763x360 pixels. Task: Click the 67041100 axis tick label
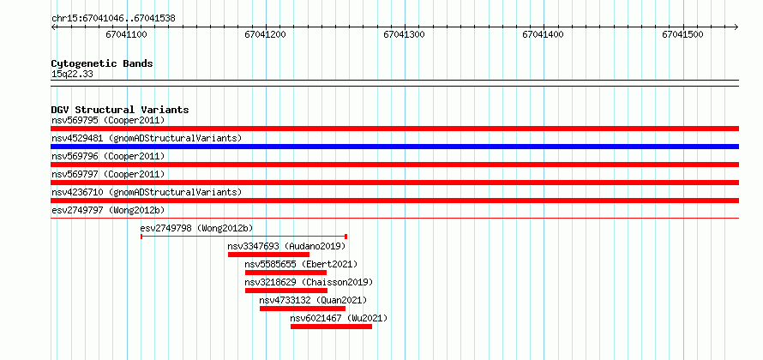coord(127,35)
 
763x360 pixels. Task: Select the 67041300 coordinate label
coord(405,35)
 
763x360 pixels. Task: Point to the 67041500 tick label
coord(682,35)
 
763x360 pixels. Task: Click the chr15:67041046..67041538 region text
coord(113,19)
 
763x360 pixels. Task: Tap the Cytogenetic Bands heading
coord(102,63)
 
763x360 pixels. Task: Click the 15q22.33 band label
coord(72,75)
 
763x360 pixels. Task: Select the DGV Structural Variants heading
coord(120,110)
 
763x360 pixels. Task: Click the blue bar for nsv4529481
coord(394,147)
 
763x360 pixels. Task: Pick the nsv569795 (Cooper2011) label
coord(108,120)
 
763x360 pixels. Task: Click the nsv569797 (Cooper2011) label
coord(108,174)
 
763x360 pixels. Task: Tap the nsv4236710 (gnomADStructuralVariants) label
coord(147,192)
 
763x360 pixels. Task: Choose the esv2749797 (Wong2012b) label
coord(108,210)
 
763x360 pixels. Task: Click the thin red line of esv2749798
coord(243,237)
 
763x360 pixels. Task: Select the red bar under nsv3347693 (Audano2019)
coord(268,255)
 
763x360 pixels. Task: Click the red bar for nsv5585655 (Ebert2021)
coord(285,273)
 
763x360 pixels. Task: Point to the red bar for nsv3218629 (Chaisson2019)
coord(286,291)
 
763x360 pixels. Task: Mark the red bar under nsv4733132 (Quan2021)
coord(303,309)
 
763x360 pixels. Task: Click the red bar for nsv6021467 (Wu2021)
coord(332,327)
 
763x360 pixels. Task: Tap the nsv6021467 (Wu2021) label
coord(339,319)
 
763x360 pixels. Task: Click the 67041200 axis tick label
coord(265,35)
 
